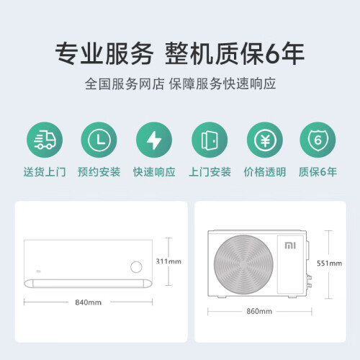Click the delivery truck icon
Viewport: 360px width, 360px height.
45,140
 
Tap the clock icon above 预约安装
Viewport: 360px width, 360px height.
99,140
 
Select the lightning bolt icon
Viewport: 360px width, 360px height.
154,140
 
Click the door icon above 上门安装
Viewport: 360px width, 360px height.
210,140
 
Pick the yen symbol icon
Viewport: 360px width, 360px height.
265,140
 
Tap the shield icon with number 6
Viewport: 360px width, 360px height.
318,140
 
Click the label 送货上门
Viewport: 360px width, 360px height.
45,172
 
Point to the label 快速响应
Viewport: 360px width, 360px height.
154,172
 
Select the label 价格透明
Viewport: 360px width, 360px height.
265,172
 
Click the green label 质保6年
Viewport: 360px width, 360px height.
318,172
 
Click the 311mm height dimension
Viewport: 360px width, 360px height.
168,261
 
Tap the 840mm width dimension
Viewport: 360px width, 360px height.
89,302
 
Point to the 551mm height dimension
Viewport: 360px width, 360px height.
329,264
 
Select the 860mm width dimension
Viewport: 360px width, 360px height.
259,311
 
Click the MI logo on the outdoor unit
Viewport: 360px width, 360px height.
290,246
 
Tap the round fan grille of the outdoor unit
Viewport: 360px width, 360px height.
243,264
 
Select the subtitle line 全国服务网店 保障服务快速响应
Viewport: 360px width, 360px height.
180,84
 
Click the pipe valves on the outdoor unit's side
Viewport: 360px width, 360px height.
310,282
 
